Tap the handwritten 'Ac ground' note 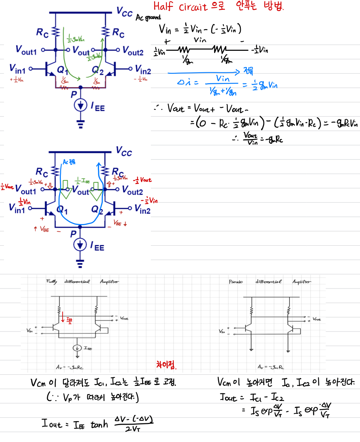[x=148, y=18]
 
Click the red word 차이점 [x=166, y=365]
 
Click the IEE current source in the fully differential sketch [x=76, y=348]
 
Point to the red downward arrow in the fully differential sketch [x=63, y=317]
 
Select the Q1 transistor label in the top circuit [x=62, y=70]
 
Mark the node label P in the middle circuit [x=73, y=234]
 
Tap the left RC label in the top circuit [x=42, y=32]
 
